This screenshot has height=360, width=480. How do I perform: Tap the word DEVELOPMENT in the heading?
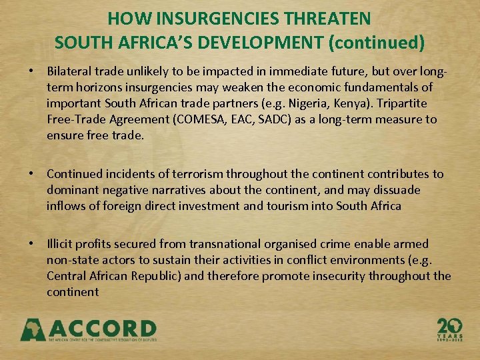pos(269,43)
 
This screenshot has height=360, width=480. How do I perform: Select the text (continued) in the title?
pos(377,43)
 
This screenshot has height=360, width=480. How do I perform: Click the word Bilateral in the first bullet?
pos(71,71)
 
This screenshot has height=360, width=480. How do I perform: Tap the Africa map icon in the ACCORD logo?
pos(33,329)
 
